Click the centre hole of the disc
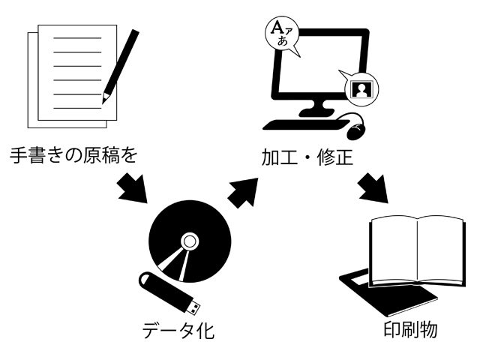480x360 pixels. coord(190,241)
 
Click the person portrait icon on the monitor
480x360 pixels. coord(361,88)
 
